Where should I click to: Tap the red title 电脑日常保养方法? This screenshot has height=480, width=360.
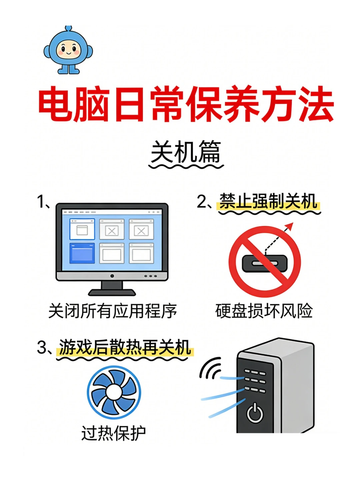coord(186,104)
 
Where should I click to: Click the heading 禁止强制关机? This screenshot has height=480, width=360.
coord(268,201)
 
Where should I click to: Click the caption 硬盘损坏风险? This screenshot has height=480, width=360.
coord(264,311)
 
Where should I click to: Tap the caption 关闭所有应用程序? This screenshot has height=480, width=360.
coord(113,311)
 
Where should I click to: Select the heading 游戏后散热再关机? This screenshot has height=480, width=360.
coord(125,348)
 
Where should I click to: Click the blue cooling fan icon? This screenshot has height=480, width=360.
coord(114,392)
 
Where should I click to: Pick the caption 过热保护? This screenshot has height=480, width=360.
coord(114,433)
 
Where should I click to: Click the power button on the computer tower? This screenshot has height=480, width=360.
coord(255,413)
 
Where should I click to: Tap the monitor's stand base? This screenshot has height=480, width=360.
coord(112,292)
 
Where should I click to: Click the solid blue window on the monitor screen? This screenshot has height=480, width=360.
coord(82,253)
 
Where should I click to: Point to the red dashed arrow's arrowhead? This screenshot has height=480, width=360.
coord(290,226)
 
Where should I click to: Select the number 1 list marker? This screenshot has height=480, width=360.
coord(41,202)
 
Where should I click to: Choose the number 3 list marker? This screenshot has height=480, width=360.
coord(42,348)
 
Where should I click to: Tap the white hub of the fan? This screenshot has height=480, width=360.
coord(114,392)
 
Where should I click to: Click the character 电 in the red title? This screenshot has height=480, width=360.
coord(55,104)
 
